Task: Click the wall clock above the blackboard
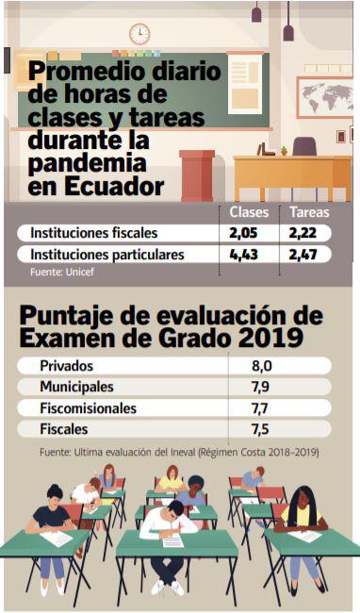(139, 34)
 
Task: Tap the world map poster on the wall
(323, 97)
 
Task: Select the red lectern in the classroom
(197, 174)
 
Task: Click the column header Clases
(249, 211)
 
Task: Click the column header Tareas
(309, 211)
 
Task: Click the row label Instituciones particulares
(106, 256)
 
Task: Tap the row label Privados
(66, 366)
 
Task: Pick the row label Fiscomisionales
(88, 408)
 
